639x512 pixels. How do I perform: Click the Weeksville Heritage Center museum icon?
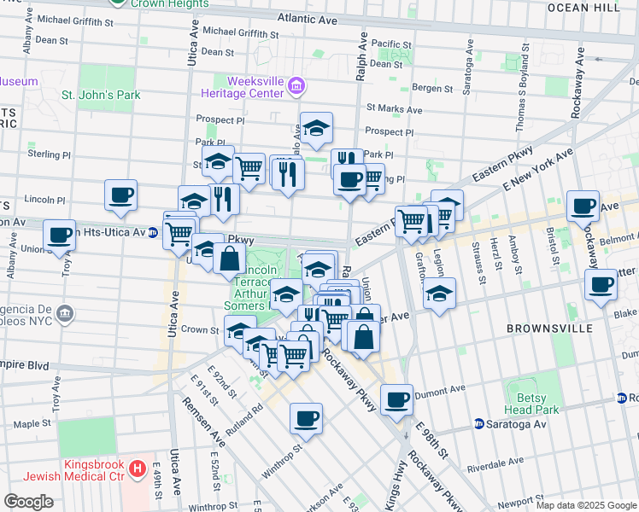point(296,84)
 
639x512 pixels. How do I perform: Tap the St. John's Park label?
point(101,96)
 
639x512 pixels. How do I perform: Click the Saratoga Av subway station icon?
point(479,424)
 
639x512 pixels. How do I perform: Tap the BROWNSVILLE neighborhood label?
point(543,329)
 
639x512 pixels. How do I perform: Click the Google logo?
point(28,502)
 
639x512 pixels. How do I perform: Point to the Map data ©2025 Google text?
point(585,505)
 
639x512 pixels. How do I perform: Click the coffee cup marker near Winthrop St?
point(306,417)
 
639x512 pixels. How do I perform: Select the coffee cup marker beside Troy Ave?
point(60,234)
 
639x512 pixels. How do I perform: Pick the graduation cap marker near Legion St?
point(439,293)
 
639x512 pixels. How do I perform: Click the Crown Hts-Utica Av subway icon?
point(152,231)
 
